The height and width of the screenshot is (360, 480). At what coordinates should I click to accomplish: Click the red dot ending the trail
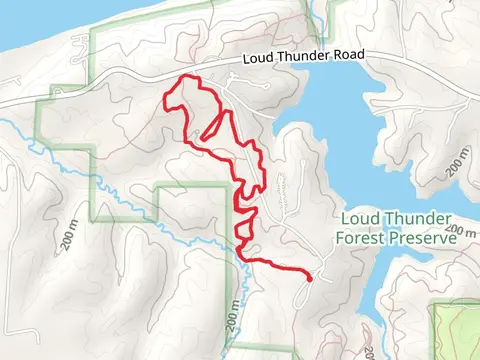tap(310, 279)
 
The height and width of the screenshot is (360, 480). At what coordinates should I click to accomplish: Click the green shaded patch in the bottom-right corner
tap(455, 330)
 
